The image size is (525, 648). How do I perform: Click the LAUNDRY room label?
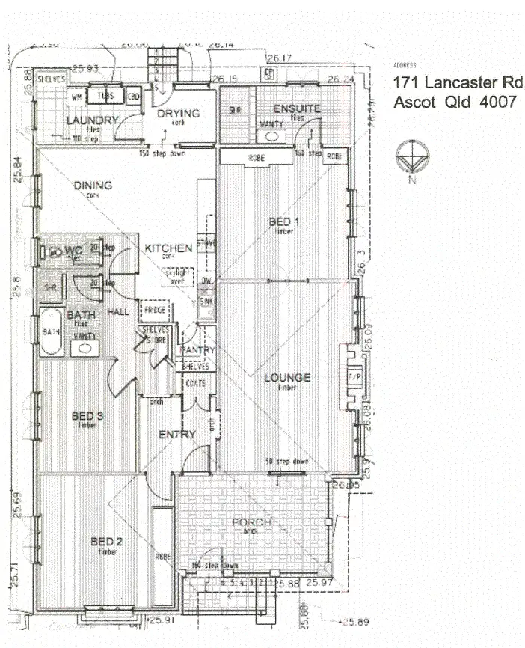[x=93, y=120]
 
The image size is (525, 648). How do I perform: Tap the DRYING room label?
[x=178, y=114]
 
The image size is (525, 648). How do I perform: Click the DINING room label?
[x=93, y=186]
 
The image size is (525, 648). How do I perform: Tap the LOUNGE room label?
[x=287, y=378]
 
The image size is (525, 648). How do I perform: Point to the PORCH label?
[x=251, y=522]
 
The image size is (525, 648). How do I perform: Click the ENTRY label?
[x=177, y=435]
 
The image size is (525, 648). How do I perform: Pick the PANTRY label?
[x=198, y=350]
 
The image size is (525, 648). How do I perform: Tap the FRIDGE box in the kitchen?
[x=156, y=309]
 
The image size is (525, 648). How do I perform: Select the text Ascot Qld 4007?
[x=454, y=102]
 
